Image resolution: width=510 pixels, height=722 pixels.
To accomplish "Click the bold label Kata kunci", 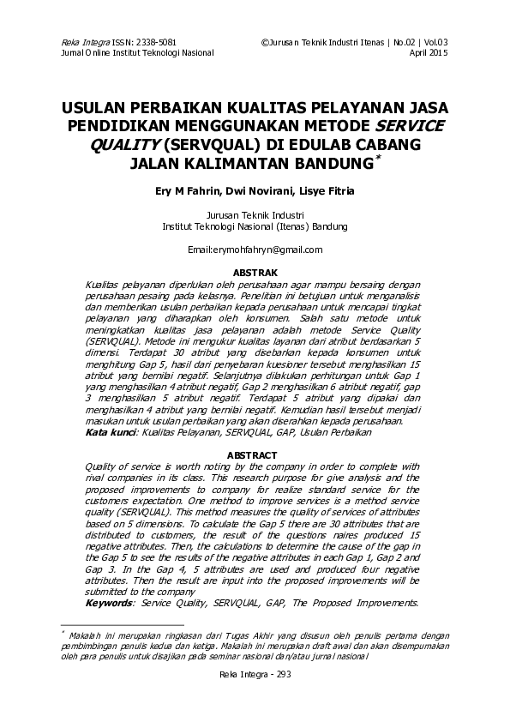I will click(111, 434).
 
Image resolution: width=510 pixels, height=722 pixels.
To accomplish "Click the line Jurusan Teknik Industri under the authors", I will click(255, 215).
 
